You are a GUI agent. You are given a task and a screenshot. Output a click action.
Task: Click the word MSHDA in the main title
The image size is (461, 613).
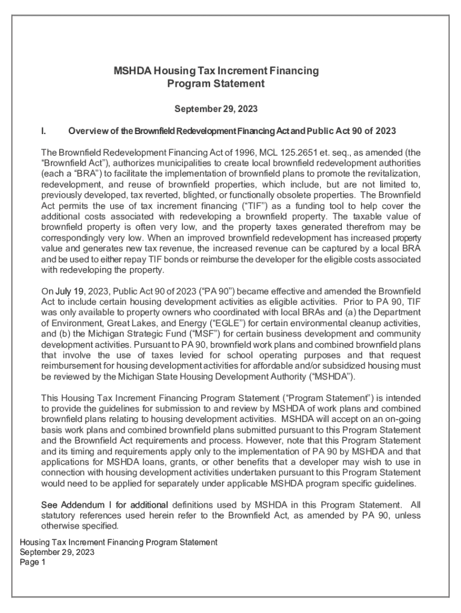(x=132, y=71)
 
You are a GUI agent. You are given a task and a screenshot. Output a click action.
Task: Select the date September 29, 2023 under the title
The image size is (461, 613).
(x=216, y=109)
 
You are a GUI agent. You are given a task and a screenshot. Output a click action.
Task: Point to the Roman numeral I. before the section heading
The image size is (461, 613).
(x=44, y=131)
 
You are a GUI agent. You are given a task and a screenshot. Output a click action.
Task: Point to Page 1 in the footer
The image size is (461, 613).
(x=33, y=562)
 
